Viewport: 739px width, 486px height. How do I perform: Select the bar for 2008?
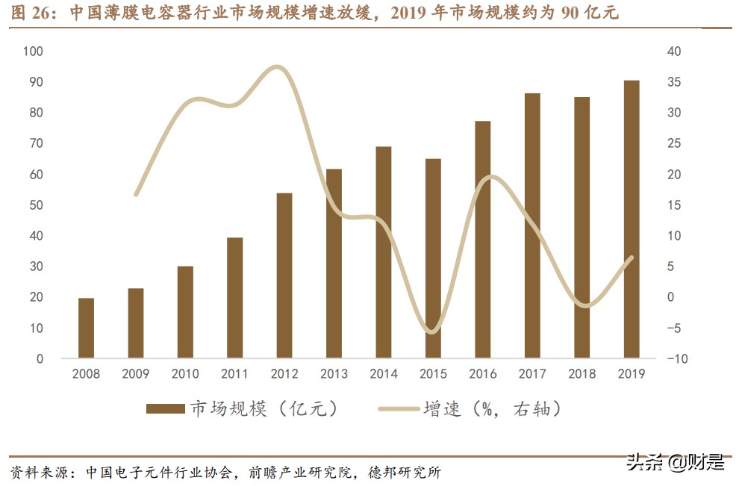(x=86, y=328)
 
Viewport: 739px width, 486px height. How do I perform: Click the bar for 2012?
(x=284, y=276)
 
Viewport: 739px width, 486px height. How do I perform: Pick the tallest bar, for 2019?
(x=632, y=219)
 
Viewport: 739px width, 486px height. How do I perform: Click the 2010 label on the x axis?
(x=185, y=374)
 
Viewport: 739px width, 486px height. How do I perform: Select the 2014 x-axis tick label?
(x=384, y=374)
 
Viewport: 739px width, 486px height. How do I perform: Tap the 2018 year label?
(x=581, y=374)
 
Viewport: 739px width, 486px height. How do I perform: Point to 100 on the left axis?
(x=34, y=52)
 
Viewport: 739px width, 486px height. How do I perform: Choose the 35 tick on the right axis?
(x=674, y=82)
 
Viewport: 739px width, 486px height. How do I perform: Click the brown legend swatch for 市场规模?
(x=165, y=408)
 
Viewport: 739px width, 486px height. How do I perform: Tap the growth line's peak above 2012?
(x=278, y=68)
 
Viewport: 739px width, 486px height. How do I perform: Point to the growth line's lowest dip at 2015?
(x=431, y=331)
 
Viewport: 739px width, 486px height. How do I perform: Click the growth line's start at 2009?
(x=136, y=195)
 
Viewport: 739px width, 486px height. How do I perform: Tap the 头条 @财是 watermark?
(x=675, y=463)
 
